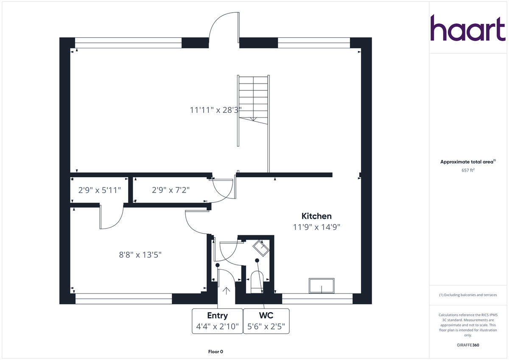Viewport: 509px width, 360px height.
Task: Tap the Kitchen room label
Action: tap(316, 216)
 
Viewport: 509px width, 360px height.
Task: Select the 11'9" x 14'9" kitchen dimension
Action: tap(316, 227)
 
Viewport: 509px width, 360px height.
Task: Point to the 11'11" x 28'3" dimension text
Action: tap(215, 110)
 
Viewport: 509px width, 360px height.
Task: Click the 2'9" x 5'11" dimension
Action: tap(100, 190)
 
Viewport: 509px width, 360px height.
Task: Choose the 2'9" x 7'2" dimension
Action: tap(171, 190)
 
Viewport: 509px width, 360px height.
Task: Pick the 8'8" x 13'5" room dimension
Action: tap(140, 255)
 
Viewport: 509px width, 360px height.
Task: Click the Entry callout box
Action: tap(218, 321)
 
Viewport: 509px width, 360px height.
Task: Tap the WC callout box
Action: tap(266, 321)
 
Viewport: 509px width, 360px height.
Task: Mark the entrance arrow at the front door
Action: tap(226, 291)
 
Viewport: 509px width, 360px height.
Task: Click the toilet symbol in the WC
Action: tap(257, 282)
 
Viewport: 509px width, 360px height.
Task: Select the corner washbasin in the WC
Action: tap(261, 248)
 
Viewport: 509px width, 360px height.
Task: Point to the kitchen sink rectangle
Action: tap(322, 286)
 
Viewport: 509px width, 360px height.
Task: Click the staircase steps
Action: tap(253, 100)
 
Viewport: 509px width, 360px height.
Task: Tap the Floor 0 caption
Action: tap(215, 352)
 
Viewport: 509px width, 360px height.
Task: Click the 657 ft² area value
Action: tap(468, 170)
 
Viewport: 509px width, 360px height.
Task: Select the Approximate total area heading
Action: tap(468, 162)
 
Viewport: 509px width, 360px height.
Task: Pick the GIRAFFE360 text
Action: tap(468, 345)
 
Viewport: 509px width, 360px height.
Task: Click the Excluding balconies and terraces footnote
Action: tap(468, 295)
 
